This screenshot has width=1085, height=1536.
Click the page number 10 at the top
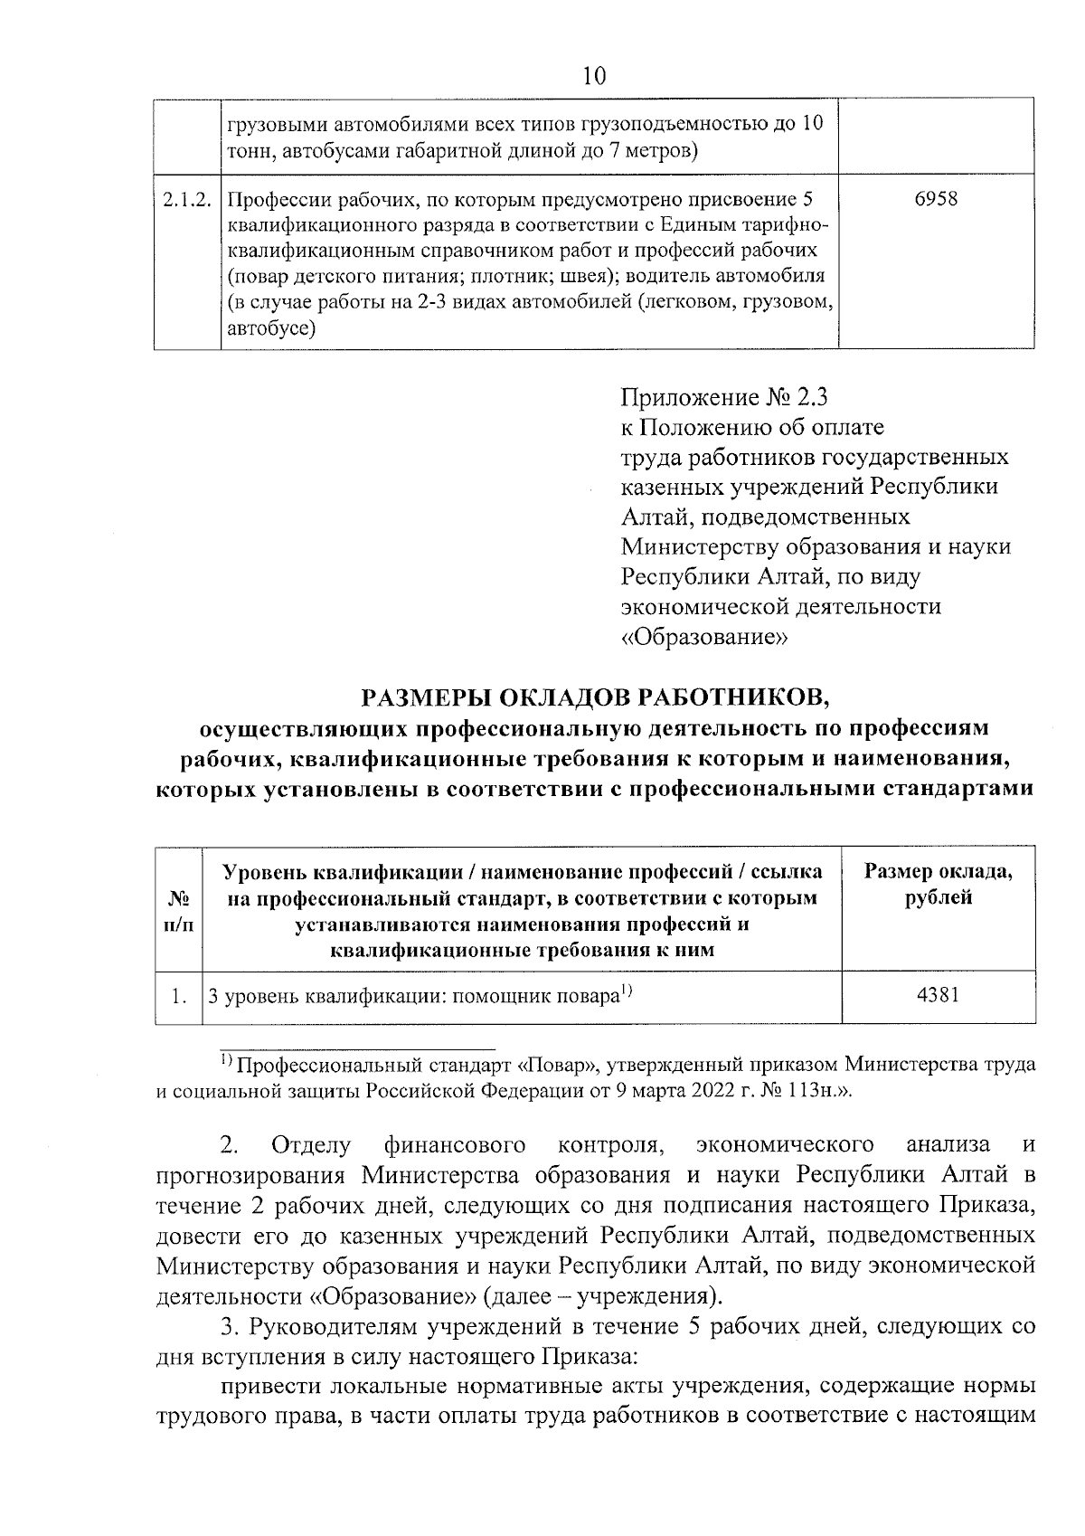click(593, 76)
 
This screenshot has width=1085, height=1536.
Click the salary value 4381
click(938, 995)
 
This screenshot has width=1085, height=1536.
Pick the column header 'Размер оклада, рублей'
click(939, 885)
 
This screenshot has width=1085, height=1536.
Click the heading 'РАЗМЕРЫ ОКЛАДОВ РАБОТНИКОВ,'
click(594, 697)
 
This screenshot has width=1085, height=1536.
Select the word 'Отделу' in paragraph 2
click(311, 1145)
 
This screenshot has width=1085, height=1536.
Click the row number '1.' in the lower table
click(179, 996)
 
